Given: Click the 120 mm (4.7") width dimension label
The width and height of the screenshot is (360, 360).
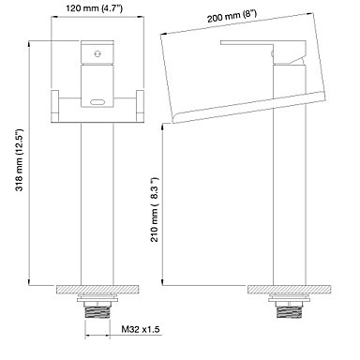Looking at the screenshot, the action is click(94, 8).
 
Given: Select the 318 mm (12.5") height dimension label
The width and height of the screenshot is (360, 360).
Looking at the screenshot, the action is click(20, 159).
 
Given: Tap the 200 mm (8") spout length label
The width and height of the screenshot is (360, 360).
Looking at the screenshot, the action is click(232, 16).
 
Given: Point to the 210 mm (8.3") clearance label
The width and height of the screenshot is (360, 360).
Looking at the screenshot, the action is click(155, 209).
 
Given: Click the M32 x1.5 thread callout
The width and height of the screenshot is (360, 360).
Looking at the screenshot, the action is click(141, 329).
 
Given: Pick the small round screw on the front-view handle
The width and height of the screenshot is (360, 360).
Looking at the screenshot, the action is click(97, 54).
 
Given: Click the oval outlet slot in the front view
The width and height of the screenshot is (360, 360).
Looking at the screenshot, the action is click(97, 102).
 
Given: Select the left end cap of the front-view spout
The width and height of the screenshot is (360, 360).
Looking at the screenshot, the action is click(55, 106).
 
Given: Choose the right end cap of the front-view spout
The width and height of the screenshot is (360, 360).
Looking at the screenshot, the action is click(140, 106).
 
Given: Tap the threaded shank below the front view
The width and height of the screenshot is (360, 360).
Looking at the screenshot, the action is click(97, 311).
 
